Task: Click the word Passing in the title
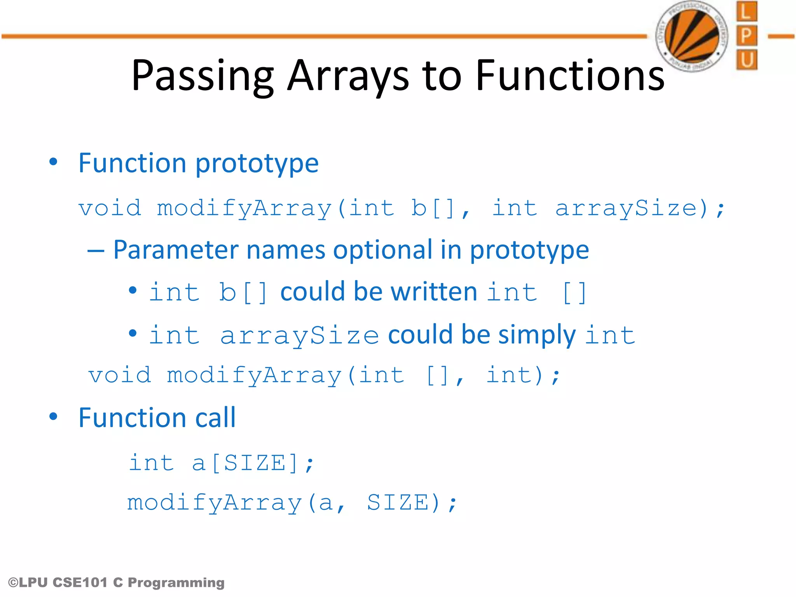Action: pyautogui.click(x=202, y=76)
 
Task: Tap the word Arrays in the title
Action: pyautogui.click(x=348, y=76)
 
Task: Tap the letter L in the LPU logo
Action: pyautogui.click(x=746, y=12)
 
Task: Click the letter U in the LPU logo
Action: pyautogui.click(x=746, y=60)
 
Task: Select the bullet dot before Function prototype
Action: pyautogui.click(x=53, y=162)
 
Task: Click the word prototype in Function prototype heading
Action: pyautogui.click(x=257, y=163)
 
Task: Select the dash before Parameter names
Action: pyautogui.click(x=96, y=251)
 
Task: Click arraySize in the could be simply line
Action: pyautogui.click(x=299, y=335)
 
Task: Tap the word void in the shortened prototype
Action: pyautogui.click(x=120, y=375)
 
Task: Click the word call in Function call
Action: pyautogui.click(x=215, y=418)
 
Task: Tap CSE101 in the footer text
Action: pyautogui.click(x=80, y=583)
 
